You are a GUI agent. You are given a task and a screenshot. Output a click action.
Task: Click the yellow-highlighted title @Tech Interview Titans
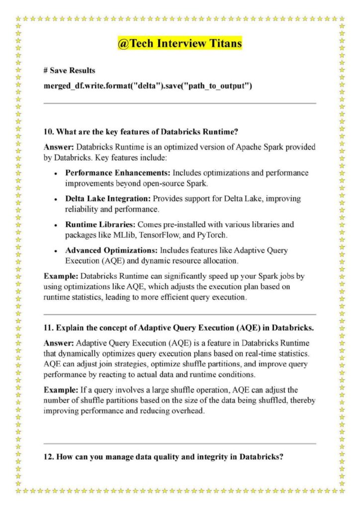[x=180, y=44]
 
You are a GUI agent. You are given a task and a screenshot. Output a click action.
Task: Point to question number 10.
[x=48, y=132]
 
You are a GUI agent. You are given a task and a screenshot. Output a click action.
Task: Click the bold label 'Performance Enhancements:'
[x=118, y=173]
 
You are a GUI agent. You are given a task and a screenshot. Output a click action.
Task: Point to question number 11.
[x=48, y=329]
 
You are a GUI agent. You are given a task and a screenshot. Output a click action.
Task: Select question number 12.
[x=48, y=457]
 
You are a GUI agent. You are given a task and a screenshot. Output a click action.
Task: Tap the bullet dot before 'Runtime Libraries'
[x=56, y=225]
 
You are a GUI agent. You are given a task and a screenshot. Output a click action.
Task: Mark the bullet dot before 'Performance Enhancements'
[x=56, y=173]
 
